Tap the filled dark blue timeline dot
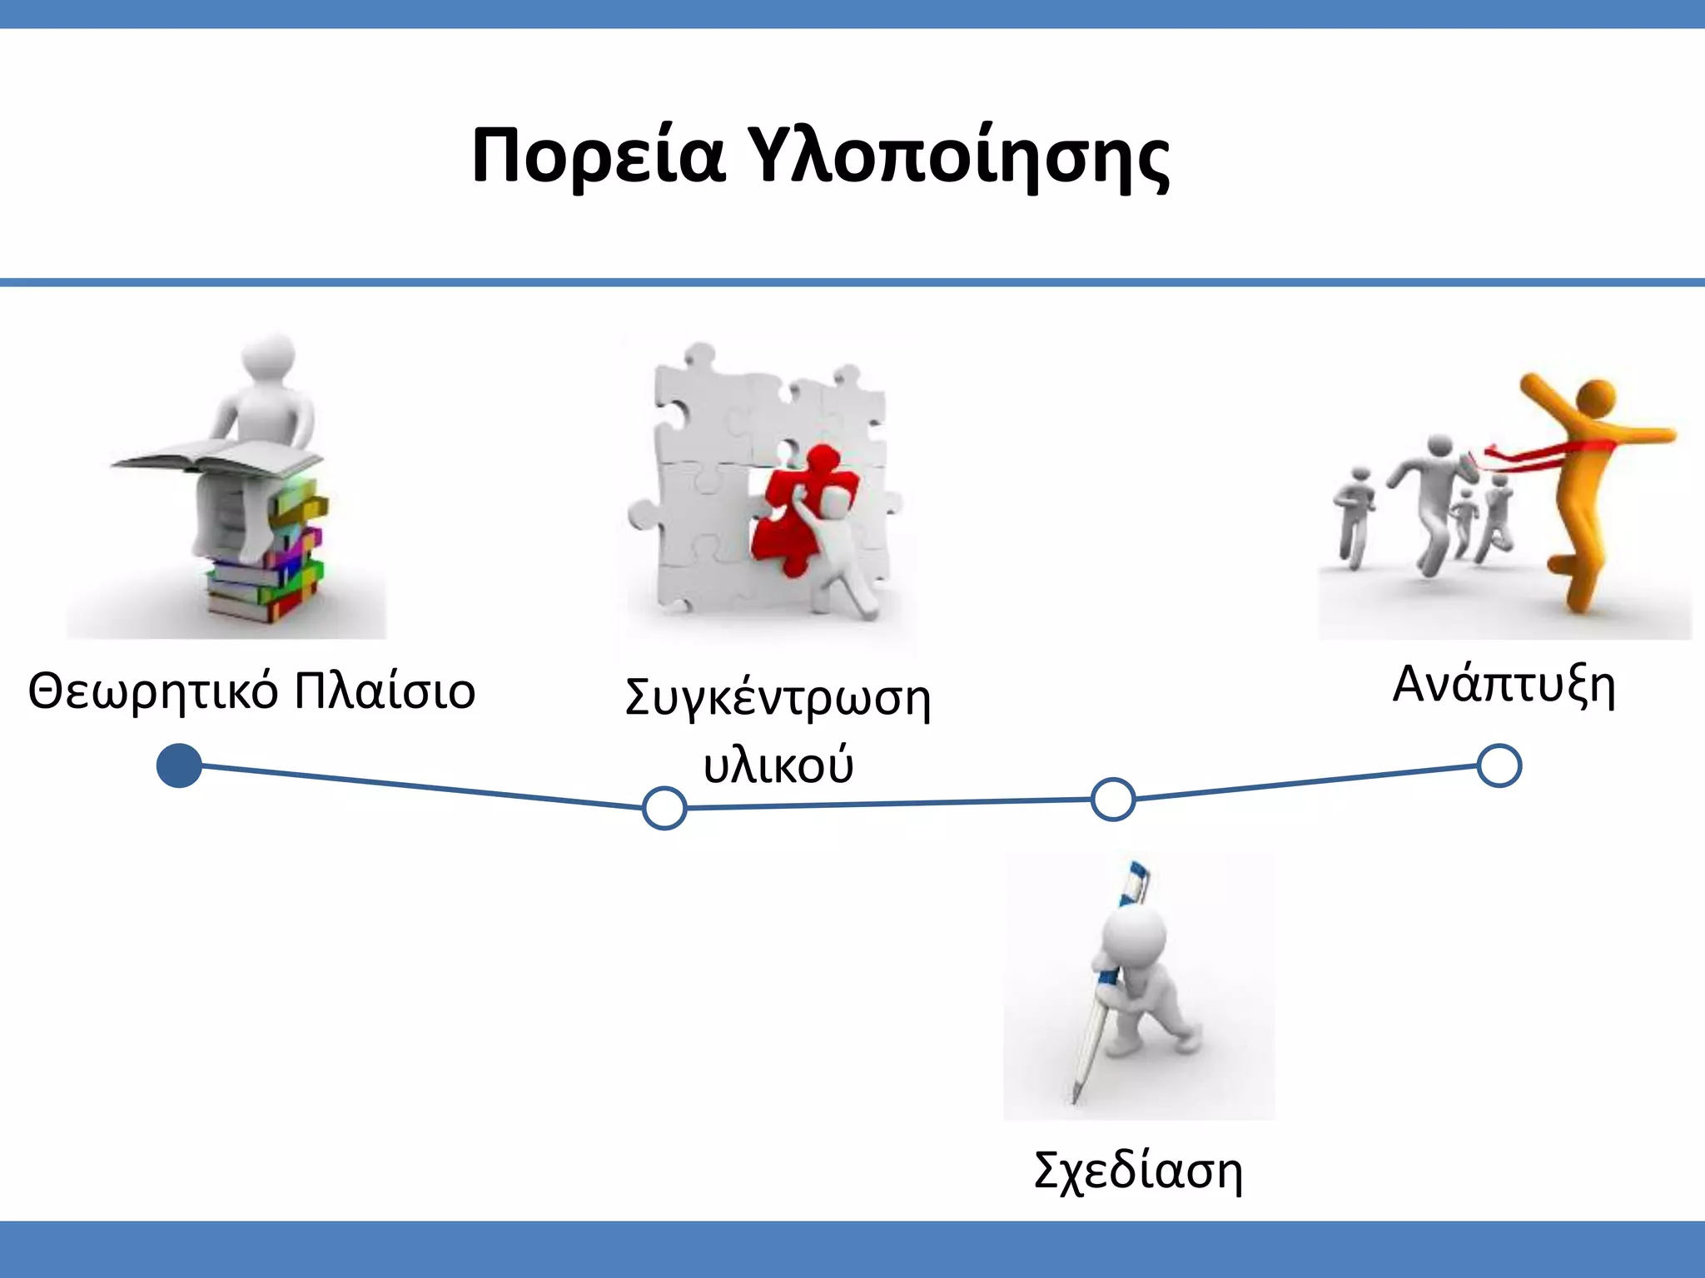pos(179,765)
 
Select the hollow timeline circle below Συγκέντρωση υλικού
pos(664,808)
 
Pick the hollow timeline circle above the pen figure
pos(1113,800)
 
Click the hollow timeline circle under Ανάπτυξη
pos(1499,765)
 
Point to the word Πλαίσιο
pos(385,691)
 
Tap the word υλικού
pos(778,765)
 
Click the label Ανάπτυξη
pos(1504,686)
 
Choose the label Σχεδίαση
pos(1138,1170)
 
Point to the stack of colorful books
pos(275,566)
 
